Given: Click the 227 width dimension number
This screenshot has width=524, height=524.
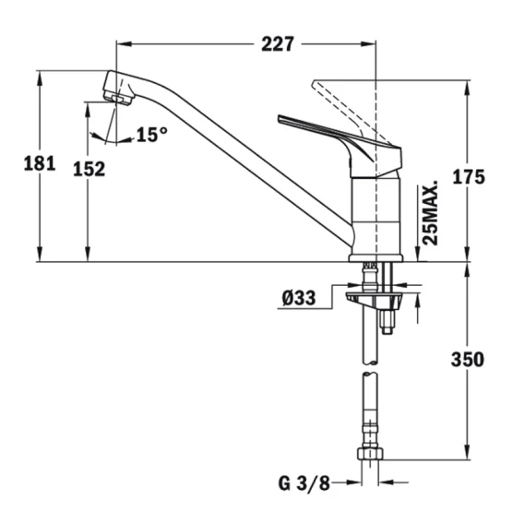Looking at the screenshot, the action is [278, 44].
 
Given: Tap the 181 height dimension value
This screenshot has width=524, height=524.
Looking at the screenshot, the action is [40, 164].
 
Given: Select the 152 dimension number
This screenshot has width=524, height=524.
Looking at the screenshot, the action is [89, 169].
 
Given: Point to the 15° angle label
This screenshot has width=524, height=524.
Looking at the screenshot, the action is [152, 135].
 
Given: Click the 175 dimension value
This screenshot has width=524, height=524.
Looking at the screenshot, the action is [469, 177].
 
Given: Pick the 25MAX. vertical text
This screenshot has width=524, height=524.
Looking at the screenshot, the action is [430, 213].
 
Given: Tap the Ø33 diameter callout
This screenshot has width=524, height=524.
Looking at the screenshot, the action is [299, 298].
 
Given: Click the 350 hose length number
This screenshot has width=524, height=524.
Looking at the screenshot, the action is [468, 360].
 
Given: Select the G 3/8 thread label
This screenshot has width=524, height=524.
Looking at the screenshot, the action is [304, 483].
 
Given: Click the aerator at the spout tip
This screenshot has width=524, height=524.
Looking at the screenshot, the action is [117, 98].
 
